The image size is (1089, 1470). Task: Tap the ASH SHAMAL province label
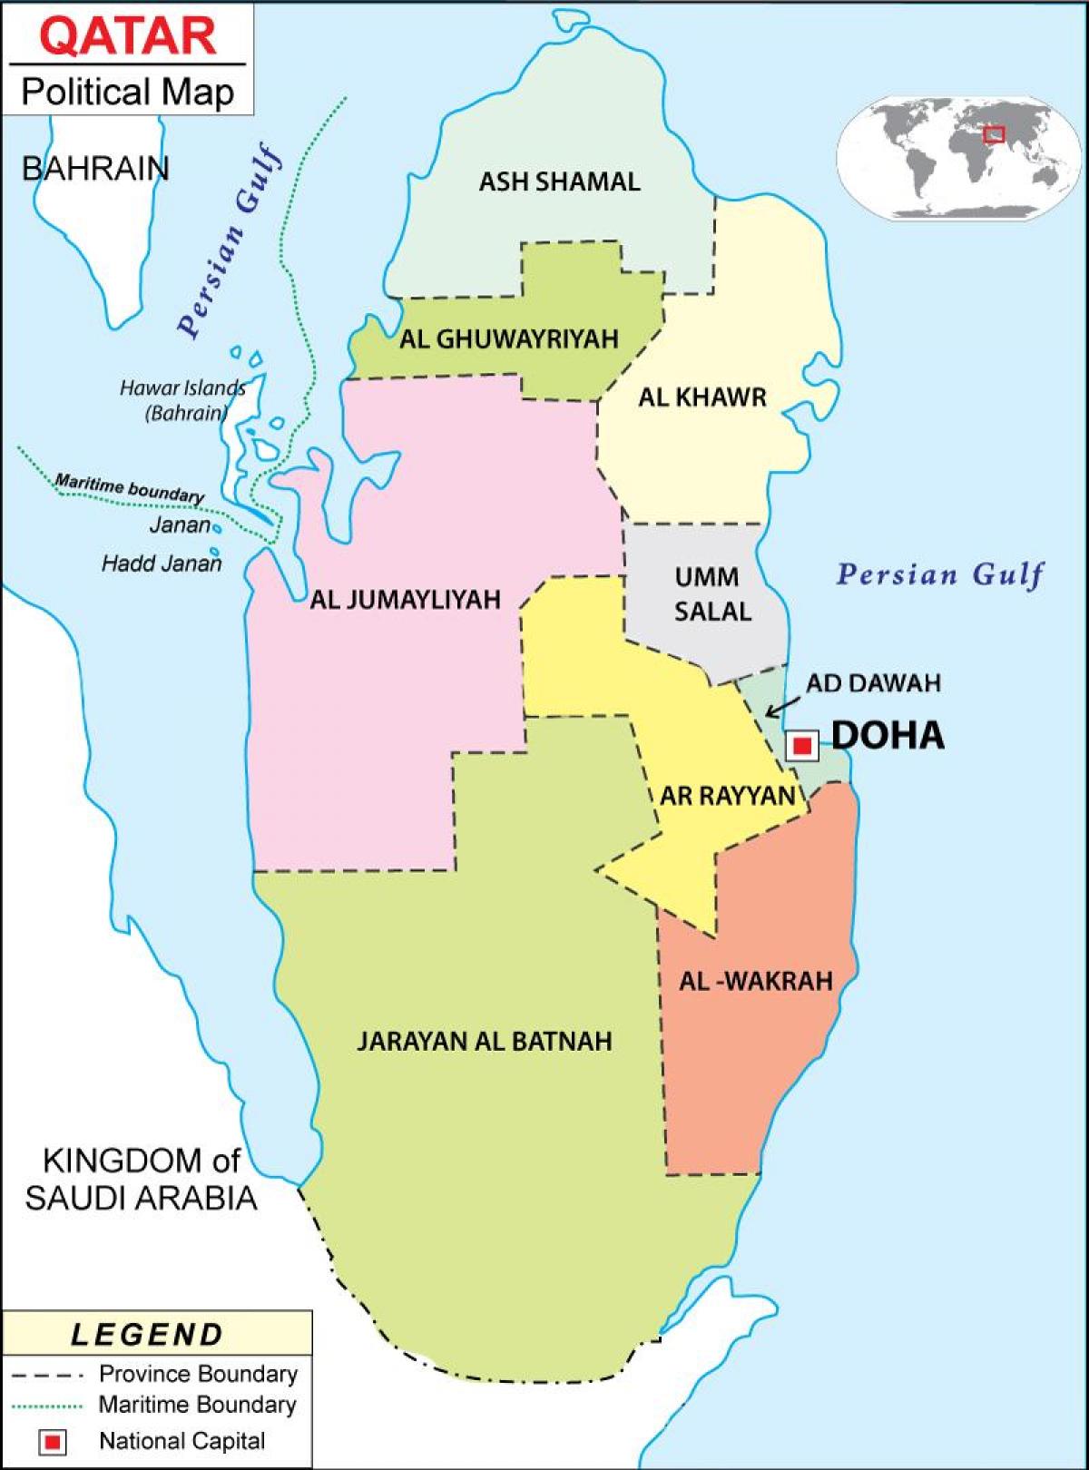click(x=559, y=181)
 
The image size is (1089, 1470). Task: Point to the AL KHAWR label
click(x=701, y=397)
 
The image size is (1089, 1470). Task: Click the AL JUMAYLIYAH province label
click(x=406, y=600)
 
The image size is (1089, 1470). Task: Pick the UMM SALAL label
click(x=712, y=594)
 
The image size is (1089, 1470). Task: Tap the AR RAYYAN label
click(x=727, y=796)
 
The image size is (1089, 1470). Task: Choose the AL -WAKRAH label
click(x=756, y=981)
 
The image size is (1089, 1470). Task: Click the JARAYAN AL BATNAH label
click(x=485, y=1041)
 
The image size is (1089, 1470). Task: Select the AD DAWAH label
click(x=873, y=682)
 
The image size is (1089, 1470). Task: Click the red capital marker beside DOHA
click(x=801, y=746)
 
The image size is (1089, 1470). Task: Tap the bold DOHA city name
click(x=888, y=736)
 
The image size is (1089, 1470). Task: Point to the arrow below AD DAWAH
click(x=782, y=705)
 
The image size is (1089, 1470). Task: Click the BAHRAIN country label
click(x=95, y=169)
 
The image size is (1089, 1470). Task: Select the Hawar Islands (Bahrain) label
click(x=183, y=400)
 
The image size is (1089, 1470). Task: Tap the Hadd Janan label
click(x=162, y=563)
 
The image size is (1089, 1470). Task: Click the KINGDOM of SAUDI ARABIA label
click(x=141, y=1179)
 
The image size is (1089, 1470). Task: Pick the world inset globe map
click(x=963, y=156)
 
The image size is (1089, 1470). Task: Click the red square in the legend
click(x=53, y=1441)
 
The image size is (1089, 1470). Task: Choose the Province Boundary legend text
click(x=198, y=1374)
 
